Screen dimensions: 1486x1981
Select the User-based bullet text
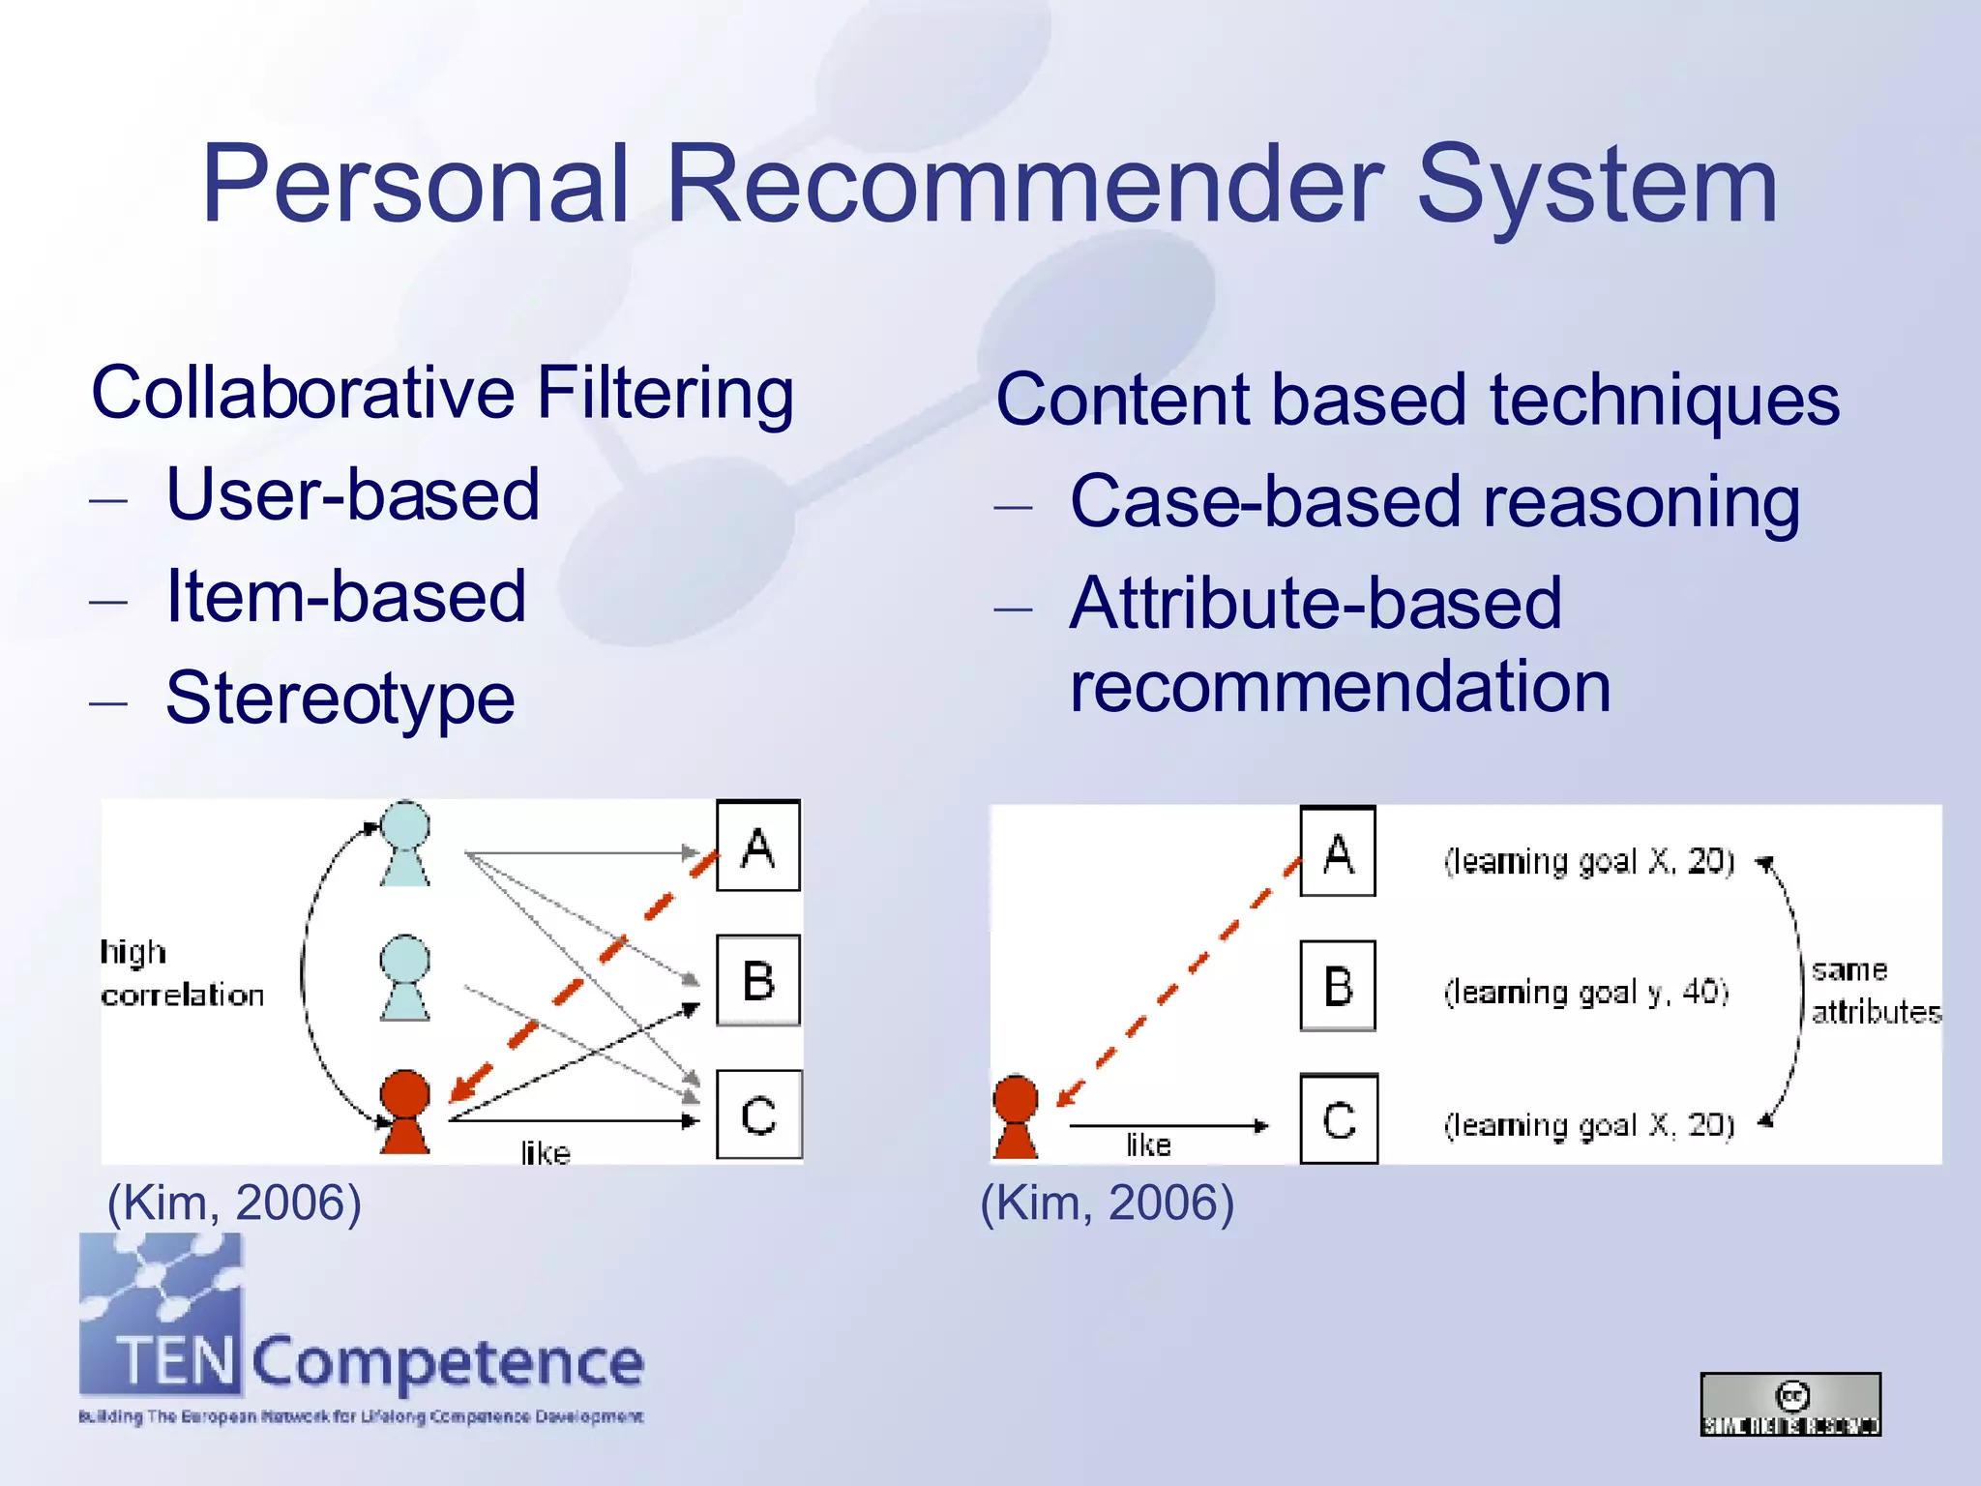coord(352,494)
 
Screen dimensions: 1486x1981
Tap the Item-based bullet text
coord(346,596)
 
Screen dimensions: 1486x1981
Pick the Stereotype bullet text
coord(340,698)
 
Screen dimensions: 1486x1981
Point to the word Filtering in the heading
coord(665,393)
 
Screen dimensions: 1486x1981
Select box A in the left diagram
coord(758,847)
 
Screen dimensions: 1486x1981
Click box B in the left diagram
coord(758,980)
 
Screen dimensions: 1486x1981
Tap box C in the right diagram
coord(1339,1119)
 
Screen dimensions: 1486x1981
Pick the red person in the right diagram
coord(1015,1115)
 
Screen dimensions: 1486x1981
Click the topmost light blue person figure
coord(404,843)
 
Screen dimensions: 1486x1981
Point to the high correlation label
coord(181,973)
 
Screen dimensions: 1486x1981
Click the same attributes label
coord(1874,991)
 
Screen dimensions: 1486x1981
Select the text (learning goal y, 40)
coord(1585,992)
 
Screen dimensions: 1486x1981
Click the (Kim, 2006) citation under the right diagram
coord(1107,1203)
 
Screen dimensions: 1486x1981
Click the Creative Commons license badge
coord(1790,1404)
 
